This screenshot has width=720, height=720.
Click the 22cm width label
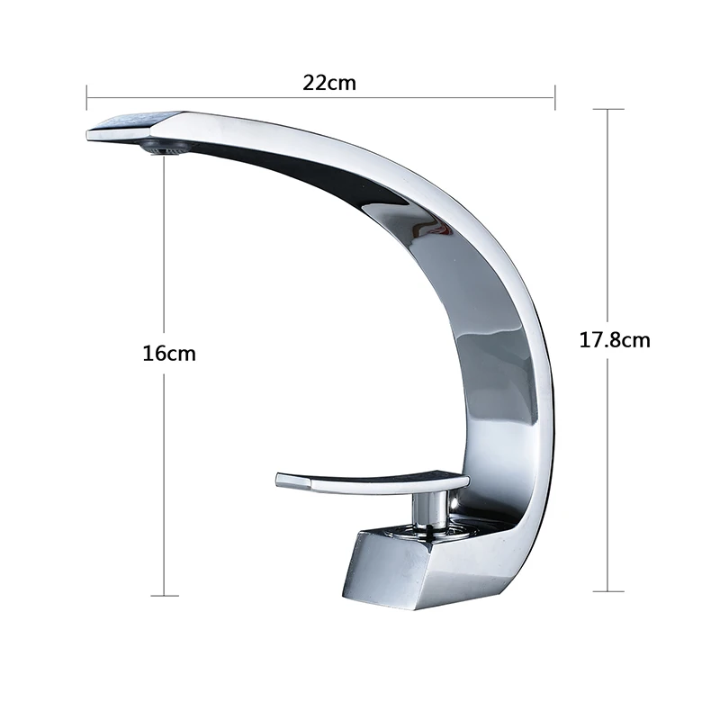(329, 83)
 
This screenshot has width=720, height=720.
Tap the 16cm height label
(169, 354)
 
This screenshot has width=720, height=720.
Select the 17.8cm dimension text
(615, 340)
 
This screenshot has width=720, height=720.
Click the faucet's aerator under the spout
(163, 148)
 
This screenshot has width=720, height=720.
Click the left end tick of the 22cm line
(86, 97)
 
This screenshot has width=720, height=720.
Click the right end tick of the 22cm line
(554, 97)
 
